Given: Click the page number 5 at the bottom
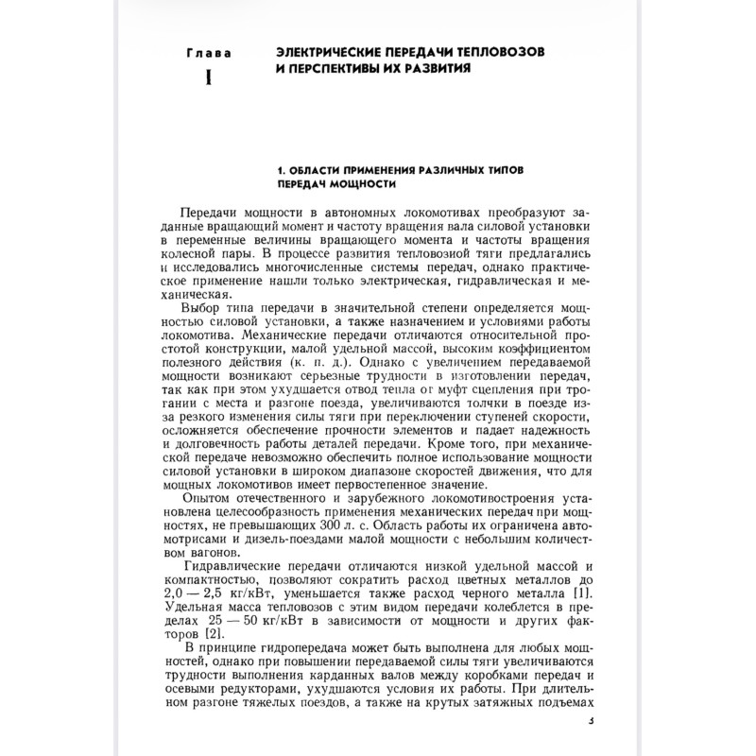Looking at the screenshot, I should tap(590, 720).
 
